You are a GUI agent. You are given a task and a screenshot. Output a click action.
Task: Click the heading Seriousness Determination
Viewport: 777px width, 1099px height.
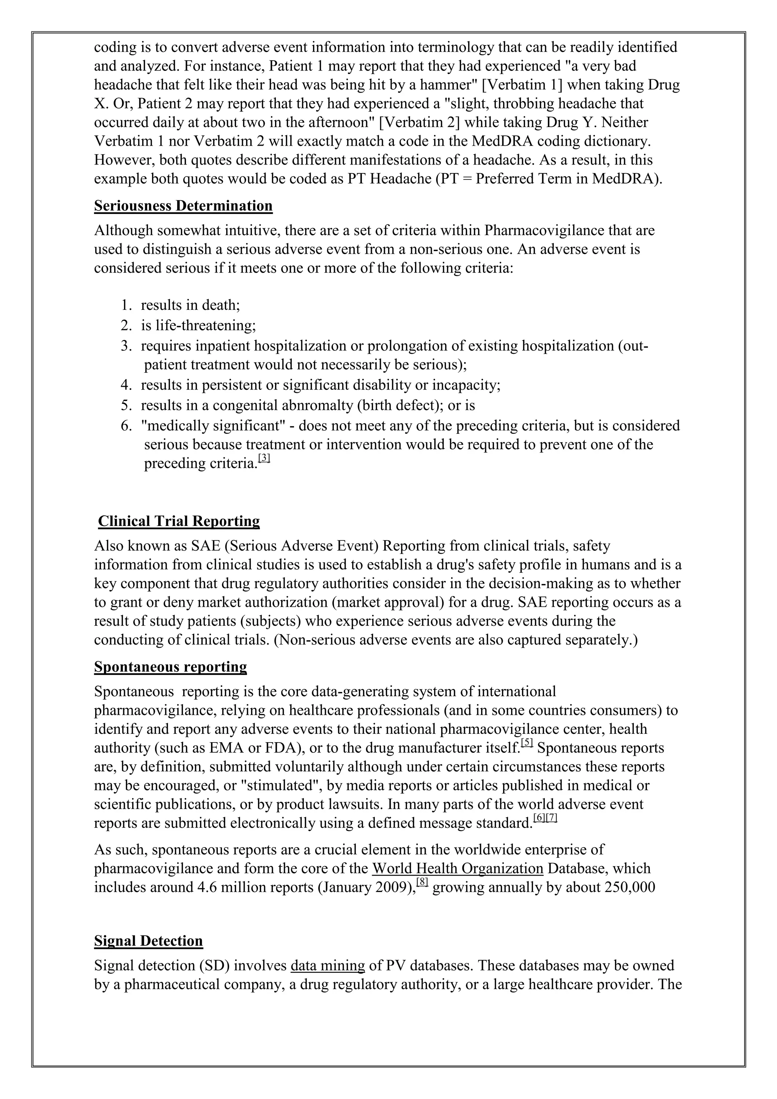point(183,206)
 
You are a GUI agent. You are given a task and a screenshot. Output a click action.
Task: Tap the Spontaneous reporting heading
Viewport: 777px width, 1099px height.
point(170,667)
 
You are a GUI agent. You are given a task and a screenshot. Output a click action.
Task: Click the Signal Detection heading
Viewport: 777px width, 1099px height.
point(148,941)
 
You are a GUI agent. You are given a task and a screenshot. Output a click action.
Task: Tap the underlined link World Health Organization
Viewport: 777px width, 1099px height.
point(458,868)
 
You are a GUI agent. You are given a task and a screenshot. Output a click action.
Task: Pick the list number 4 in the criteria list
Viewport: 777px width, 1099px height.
point(126,385)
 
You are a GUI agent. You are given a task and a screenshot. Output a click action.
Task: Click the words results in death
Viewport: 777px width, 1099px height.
point(190,305)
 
